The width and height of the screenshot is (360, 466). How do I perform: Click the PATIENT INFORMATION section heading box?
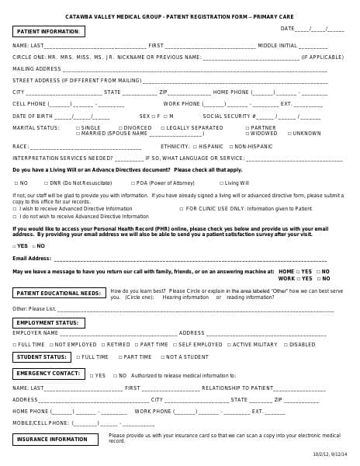[x=48, y=32]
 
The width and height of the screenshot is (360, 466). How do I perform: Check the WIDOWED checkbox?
[x=247, y=134]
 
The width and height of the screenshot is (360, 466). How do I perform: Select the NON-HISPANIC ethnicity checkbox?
[x=229, y=146]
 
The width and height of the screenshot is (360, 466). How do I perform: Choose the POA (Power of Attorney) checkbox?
[x=132, y=183]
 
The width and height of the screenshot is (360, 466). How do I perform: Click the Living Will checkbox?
[x=220, y=183]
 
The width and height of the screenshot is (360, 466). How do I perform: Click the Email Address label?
[x=32, y=258]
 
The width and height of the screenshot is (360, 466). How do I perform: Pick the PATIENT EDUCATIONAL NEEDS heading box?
[x=59, y=293]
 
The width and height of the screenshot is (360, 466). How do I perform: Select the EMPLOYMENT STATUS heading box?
[x=49, y=322]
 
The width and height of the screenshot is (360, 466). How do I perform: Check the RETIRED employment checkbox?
[x=103, y=344]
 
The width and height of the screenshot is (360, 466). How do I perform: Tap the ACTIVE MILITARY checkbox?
[x=229, y=344]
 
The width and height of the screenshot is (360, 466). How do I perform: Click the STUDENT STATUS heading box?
[x=42, y=357]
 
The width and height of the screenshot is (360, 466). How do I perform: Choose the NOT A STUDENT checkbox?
[x=163, y=357]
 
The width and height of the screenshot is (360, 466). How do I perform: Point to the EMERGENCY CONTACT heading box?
[x=48, y=374]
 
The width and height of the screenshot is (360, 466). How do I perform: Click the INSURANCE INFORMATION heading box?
[x=55, y=440]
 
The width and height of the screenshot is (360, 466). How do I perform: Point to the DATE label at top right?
[x=287, y=29]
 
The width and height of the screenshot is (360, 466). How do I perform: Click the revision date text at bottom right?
[x=330, y=454]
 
